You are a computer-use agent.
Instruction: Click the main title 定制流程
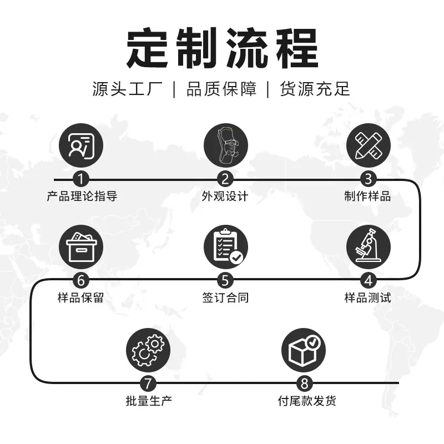pos(222,48)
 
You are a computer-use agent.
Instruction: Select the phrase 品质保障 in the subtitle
pos(221,89)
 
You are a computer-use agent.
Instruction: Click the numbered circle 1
pos(81,179)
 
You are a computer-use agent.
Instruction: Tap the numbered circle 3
pos(368,179)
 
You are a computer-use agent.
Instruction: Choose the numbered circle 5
pos(225,280)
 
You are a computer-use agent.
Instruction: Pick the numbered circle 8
pos(304,383)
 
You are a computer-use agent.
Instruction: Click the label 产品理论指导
pos(82,196)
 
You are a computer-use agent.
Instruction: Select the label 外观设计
pos(225,196)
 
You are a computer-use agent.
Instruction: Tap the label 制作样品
pos(367,196)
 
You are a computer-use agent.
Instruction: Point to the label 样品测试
pos(367,297)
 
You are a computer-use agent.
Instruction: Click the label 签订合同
pos(225,297)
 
